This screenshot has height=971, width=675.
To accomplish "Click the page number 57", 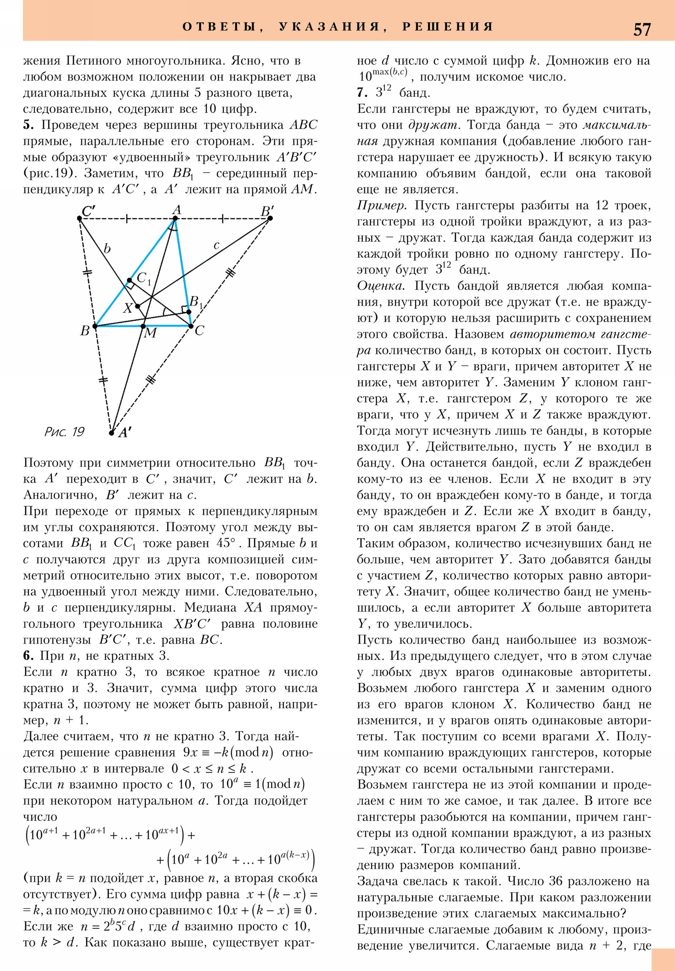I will point(642,29).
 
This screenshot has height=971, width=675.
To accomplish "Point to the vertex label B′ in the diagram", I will point(267,211).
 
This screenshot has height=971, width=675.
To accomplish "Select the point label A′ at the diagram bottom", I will point(124,433).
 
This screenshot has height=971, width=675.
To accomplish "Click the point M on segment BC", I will point(143,326).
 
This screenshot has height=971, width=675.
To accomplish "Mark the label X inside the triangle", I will point(128,308).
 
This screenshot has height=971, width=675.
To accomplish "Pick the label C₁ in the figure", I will point(143,278).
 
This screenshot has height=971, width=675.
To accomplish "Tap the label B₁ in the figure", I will point(196,302).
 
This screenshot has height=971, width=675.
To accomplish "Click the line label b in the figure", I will point(107,248).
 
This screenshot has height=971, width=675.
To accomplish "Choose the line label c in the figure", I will point(216,245).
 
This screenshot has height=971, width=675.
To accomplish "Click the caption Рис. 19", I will point(64,432).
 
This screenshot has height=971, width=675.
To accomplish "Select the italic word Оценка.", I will point(381,286).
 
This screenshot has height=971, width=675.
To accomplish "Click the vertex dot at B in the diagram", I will point(95,326).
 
